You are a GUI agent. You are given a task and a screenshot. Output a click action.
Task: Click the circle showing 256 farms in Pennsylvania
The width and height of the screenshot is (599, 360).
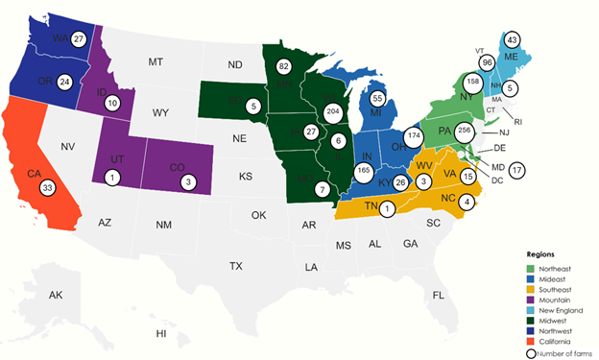point(466,131)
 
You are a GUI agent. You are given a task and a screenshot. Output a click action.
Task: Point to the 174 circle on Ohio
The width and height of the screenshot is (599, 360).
point(414,137)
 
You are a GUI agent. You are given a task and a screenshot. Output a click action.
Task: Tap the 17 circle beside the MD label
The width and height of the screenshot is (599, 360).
point(518,171)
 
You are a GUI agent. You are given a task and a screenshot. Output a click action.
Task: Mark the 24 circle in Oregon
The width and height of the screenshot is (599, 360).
point(65,81)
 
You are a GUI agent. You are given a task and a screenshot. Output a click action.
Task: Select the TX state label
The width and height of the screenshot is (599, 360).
point(236,264)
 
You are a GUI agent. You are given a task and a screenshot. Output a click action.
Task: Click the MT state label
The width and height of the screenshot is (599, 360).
point(156,62)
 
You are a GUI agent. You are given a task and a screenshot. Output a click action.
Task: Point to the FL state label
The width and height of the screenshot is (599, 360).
point(439,294)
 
